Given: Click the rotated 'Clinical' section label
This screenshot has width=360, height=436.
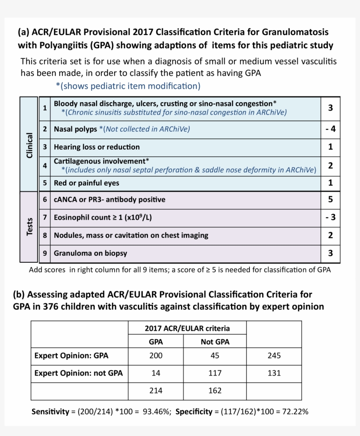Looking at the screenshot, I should (x=29, y=145).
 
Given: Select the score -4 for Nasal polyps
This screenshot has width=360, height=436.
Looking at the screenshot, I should (x=330, y=129).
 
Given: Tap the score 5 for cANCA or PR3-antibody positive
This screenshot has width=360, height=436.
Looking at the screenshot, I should (x=331, y=200).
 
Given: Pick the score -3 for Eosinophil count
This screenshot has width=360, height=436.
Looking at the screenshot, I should (x=330, y=217).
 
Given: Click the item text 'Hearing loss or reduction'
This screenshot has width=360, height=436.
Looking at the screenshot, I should (x=97, y=147).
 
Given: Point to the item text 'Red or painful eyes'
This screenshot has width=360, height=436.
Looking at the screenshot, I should (x=86, y=182).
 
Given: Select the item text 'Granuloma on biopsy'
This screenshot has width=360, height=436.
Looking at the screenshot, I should (x=90, y=253).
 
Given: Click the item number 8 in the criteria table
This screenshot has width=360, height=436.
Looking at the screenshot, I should (x=45, y=235).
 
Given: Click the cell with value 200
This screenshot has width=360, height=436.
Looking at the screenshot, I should (x=156, y=356).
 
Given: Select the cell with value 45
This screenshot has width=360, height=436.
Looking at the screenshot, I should (x=215, y=356).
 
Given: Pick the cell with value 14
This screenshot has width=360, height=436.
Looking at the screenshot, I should (x=156, y=373).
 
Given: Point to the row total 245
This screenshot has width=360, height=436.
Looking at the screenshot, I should (x=274, y=356).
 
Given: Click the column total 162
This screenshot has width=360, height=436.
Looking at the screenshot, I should (x=215, y=390).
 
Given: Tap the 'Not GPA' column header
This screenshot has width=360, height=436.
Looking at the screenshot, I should (x=215, y=342).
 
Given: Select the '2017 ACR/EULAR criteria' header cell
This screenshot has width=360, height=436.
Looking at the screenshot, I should (x=187, y=328).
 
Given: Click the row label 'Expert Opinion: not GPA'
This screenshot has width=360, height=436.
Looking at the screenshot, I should (x=79, y=373).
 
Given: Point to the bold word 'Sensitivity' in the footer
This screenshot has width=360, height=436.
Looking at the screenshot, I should (x=50, y=412).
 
